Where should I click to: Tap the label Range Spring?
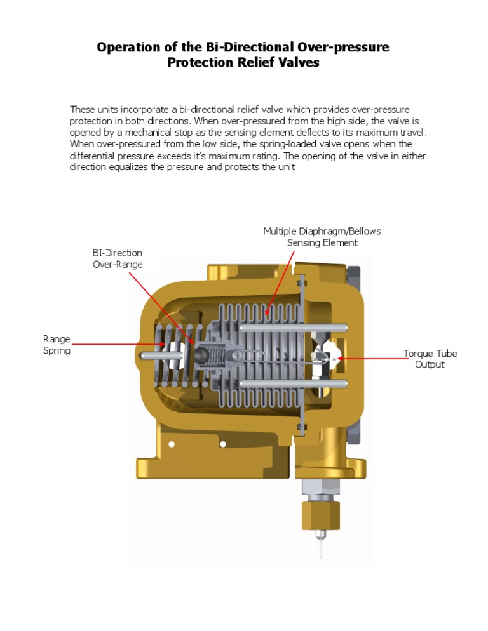pos(57,345)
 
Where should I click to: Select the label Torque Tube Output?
pos(430,359)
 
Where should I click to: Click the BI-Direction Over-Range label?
pos(118,258)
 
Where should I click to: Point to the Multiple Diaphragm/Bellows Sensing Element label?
pos(322,237)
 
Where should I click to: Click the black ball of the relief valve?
pos(201,355)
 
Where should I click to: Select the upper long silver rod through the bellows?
pos(299,328)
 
